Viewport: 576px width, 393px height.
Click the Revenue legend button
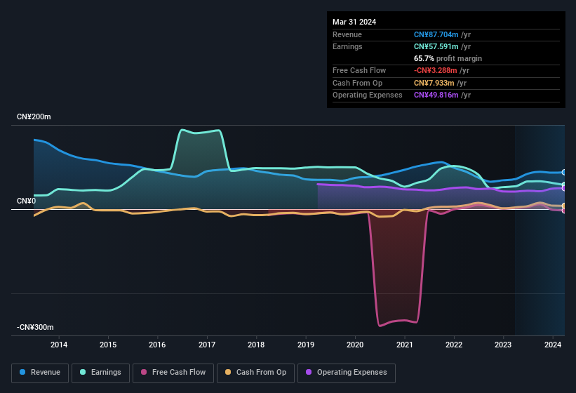click(x=40, y=373)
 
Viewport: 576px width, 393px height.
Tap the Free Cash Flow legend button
click(x=173, y=373)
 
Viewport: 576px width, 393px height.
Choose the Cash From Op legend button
click(x=255, y=373)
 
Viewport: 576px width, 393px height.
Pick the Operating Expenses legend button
click(x=346, y=373)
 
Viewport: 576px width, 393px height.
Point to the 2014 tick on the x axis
click(x=59, y=345)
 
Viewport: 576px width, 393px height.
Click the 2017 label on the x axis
click(x=207, y=345)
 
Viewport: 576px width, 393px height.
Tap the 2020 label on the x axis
click(x=355, y=345)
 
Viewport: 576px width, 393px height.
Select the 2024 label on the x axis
click(x=552, y=345)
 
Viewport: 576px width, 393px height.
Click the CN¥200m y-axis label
click(x=34, y=117)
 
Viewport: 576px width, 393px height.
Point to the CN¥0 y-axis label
click(x=27, y=201)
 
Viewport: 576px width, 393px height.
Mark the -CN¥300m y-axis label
click(x=36, y=328)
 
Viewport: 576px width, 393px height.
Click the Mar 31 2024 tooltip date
click(x=354, y=22)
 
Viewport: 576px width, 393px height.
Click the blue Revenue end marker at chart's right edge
click(x=564, y=172)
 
